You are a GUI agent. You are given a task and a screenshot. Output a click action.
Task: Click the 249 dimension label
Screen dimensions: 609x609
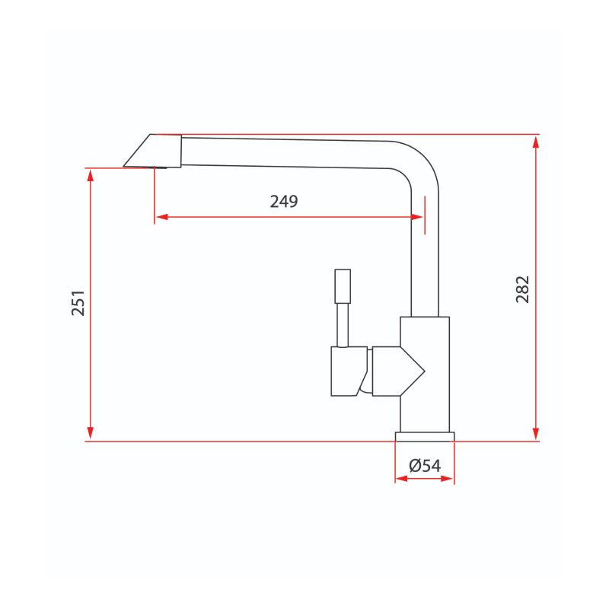coord(284,202)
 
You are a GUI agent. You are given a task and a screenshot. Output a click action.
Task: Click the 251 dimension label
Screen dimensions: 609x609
coord(78,302)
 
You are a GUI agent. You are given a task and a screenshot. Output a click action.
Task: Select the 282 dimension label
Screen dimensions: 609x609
coord(523,289)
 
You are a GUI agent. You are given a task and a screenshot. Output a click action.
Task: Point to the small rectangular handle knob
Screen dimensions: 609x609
coord(343,285)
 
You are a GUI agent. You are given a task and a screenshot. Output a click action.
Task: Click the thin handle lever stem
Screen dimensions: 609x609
coord(343,324)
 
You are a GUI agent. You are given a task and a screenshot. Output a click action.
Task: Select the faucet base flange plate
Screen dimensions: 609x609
coord(424,436)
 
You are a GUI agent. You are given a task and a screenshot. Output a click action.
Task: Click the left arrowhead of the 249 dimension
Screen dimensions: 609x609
coord(161,217)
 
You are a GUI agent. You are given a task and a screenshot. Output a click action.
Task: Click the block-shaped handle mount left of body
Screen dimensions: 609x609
coord(348,371)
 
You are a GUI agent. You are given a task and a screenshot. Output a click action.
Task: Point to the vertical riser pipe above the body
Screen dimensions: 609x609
coord(425,259)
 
